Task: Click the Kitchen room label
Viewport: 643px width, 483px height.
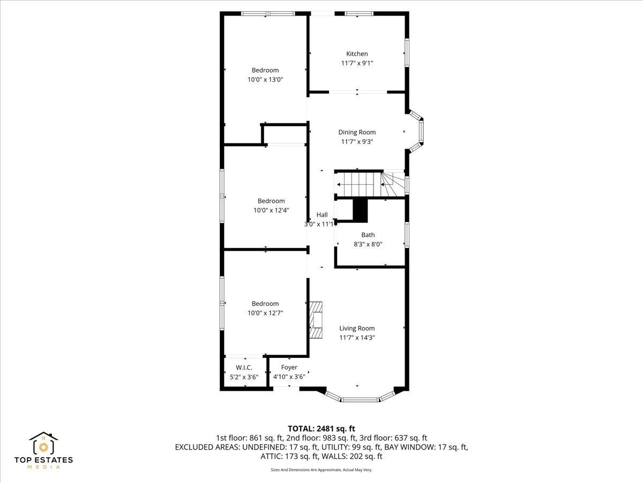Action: click(x=357, y=54)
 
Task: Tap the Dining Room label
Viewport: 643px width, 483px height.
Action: click(x=357, y=132)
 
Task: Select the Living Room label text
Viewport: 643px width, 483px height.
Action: click(x=357, y=328)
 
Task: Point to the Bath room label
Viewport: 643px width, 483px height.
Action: click(x=368, y=235)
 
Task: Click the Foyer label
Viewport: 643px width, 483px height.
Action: click(x=289, y=367)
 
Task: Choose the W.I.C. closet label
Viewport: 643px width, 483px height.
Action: click(x=244, y=368)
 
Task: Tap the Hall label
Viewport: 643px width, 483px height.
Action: click(x=322, y=215)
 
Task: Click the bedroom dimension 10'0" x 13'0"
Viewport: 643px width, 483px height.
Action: click(x=265, y=79)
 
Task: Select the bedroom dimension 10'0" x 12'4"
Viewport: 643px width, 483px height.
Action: click(x=271, y=210)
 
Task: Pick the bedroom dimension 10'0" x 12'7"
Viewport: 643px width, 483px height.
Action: click(x=265, y=313)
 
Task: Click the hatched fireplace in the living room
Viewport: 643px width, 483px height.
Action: click(x=316, y=320)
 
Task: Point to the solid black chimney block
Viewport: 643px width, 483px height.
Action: click(x=360, y=210)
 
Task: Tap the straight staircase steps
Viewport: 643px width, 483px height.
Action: click(x=359, y=185)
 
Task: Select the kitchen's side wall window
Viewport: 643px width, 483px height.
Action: click(x=407, y=53)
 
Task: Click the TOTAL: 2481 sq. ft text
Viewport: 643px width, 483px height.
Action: click(x=322, y=429)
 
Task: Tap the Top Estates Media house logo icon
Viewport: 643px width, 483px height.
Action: click(x=43, y=443)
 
